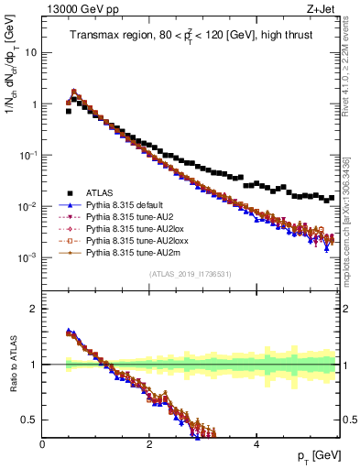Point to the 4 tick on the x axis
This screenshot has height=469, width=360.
256,443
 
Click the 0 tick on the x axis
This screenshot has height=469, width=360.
43,443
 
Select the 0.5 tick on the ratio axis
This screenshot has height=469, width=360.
30,419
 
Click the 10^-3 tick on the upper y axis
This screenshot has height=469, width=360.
26,258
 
